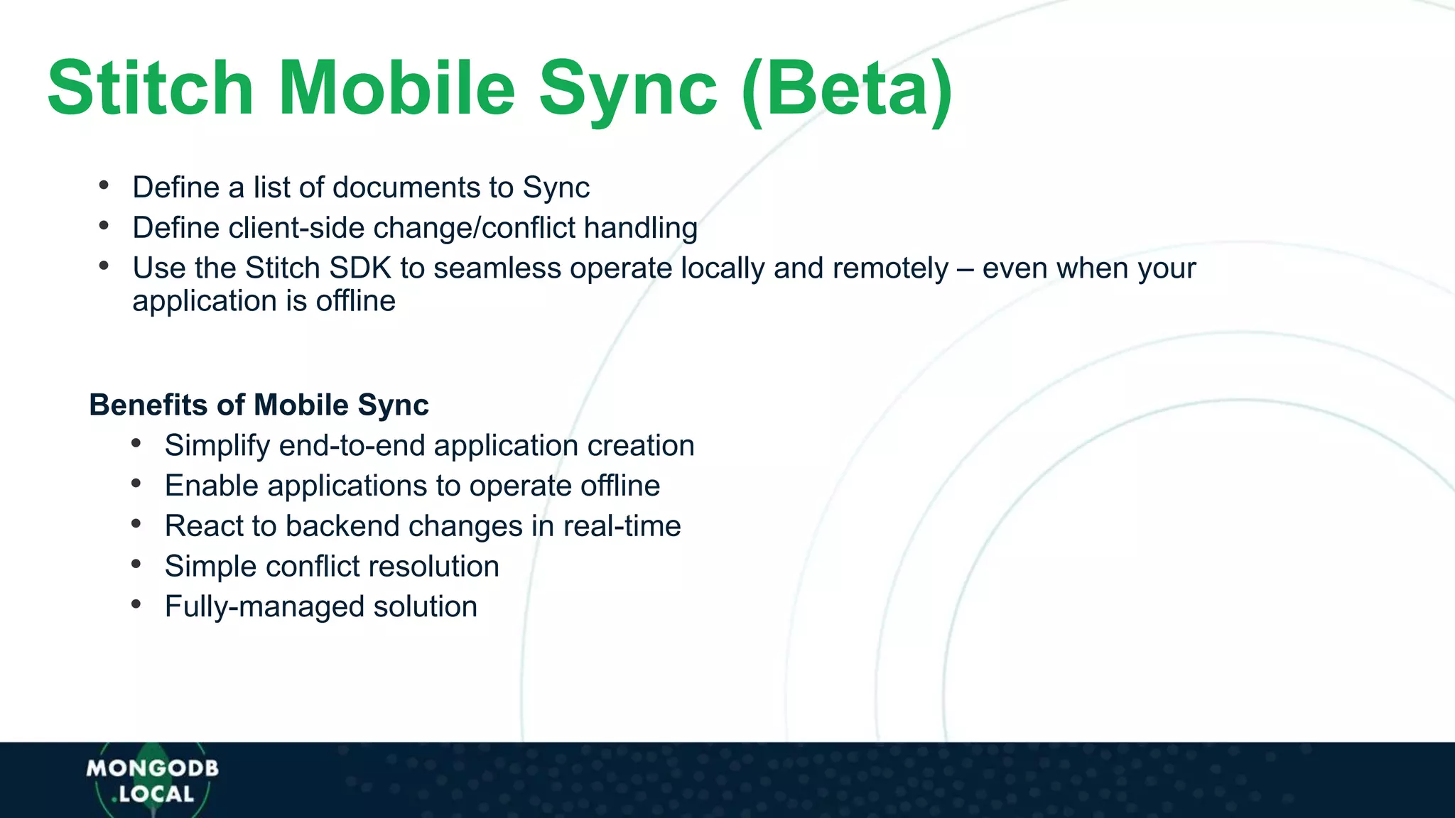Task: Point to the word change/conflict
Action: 475,228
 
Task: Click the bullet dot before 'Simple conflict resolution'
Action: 136,565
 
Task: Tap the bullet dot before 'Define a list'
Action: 104,186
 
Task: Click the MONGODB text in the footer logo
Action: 153,768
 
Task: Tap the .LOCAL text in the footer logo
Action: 153,795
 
